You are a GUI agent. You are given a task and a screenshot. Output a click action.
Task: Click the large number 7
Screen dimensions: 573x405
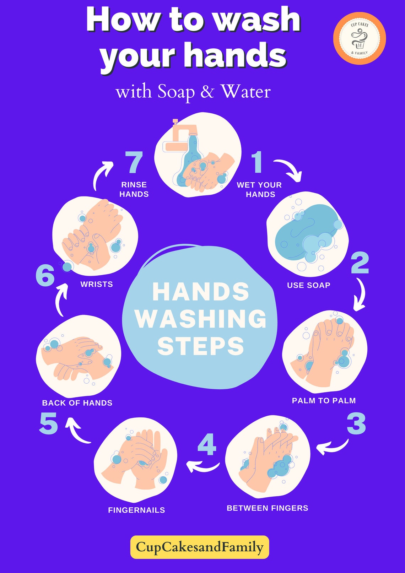134,162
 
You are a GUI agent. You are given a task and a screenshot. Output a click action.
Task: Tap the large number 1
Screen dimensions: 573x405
257,162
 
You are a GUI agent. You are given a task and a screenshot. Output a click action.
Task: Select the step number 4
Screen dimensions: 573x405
207,444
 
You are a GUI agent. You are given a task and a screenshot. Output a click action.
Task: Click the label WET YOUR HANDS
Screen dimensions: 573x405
260,190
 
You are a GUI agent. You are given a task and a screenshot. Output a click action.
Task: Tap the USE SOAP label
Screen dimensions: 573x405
308,285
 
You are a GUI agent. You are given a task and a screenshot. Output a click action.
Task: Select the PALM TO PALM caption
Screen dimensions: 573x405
324,401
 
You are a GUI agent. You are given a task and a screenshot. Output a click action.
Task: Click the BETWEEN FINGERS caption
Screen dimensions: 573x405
267,508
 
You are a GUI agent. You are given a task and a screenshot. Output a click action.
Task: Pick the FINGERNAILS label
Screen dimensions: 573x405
136,510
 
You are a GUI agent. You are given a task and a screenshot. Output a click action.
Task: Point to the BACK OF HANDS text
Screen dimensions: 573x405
77,403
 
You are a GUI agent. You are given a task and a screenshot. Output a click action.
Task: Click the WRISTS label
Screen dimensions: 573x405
97,284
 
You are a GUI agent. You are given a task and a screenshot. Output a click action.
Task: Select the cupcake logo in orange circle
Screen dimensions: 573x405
359,38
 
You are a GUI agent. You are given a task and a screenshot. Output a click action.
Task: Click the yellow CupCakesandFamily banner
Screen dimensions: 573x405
200,547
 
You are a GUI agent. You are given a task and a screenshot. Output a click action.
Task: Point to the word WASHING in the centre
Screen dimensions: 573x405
201,319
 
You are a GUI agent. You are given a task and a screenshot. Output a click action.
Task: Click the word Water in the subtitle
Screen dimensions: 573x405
245,92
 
